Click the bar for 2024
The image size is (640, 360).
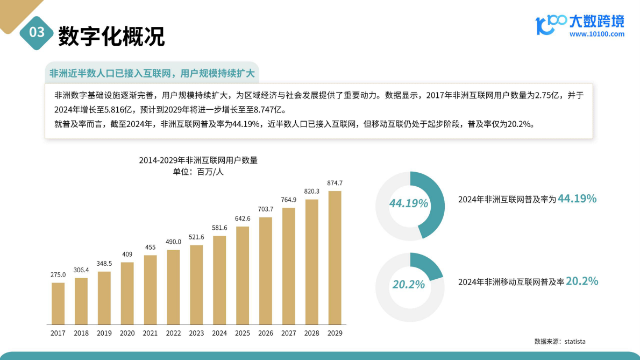(x=219, y=280)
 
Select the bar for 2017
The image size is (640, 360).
(x=58, y=303)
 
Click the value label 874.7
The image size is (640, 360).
(x=335, y=183)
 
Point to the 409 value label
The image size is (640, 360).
(x=127, y=255)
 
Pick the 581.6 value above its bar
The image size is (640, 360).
(x=219, y=228)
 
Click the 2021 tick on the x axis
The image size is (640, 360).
(x=150, y=333)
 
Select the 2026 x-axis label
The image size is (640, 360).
(x=266, y=333)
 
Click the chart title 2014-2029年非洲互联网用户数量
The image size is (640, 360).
(x=198, y=160)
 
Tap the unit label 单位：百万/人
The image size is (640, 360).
(x=198, y=172)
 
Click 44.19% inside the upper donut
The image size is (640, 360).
(x=409, y=203)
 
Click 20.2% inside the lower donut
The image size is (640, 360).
(x=409, y=284)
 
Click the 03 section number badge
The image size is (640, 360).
(x=37, y=32)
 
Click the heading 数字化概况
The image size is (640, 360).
(x=111, y=36)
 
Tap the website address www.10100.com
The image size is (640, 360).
(x=597, y=34)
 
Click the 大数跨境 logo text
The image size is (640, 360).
(x=597, y=21)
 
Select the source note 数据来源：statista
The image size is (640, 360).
(x=559, y=341)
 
